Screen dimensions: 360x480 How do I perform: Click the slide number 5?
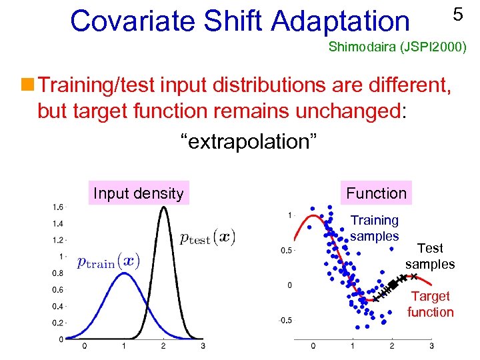coord(457,15)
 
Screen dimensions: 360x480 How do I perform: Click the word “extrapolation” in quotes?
coord(249,141)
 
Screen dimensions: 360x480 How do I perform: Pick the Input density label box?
coord(138,193)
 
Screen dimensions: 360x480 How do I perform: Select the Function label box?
coord(376,193)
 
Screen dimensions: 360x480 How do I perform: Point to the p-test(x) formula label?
coord(207,238)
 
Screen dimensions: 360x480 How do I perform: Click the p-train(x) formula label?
coord(108,261)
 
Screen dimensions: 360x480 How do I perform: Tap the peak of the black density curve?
coord(163,207)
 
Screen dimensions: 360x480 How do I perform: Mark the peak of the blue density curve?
coord(123,273)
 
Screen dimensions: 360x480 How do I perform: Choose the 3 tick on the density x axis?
coord(203,346)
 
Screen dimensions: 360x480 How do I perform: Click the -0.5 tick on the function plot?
coord(285,320)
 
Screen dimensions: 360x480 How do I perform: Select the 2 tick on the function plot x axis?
coord(392,346)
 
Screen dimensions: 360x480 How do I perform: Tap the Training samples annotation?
coord(375,228)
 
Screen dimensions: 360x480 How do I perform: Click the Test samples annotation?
coord(430,256)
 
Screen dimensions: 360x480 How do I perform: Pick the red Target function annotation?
coord(430,304)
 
